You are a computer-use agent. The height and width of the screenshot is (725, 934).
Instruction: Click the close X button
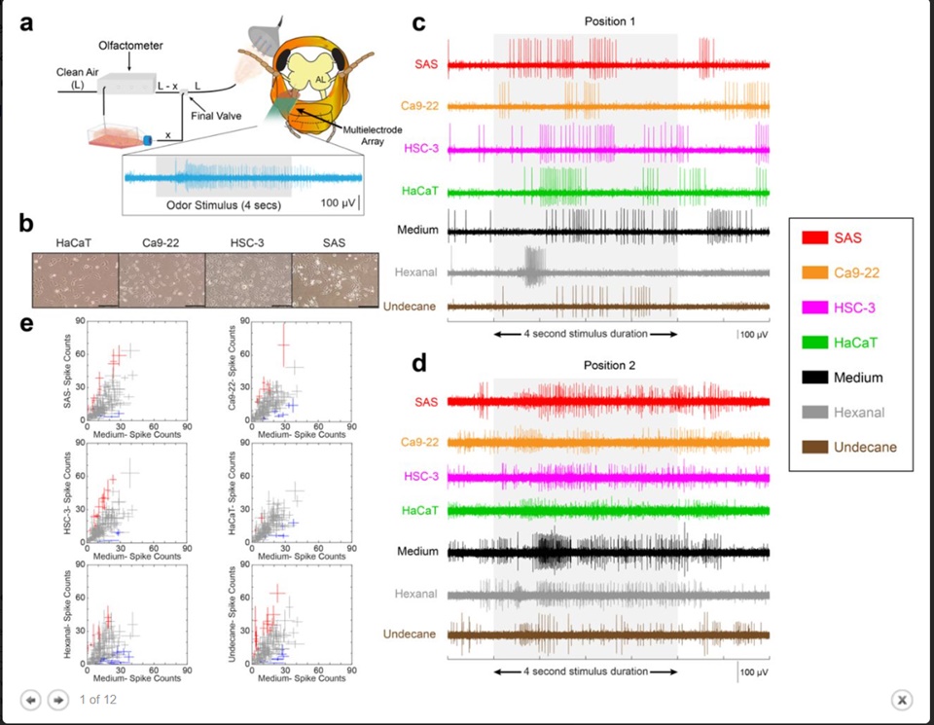point(902,699)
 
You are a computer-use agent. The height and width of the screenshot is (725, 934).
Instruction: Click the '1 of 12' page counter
point(98,699)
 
